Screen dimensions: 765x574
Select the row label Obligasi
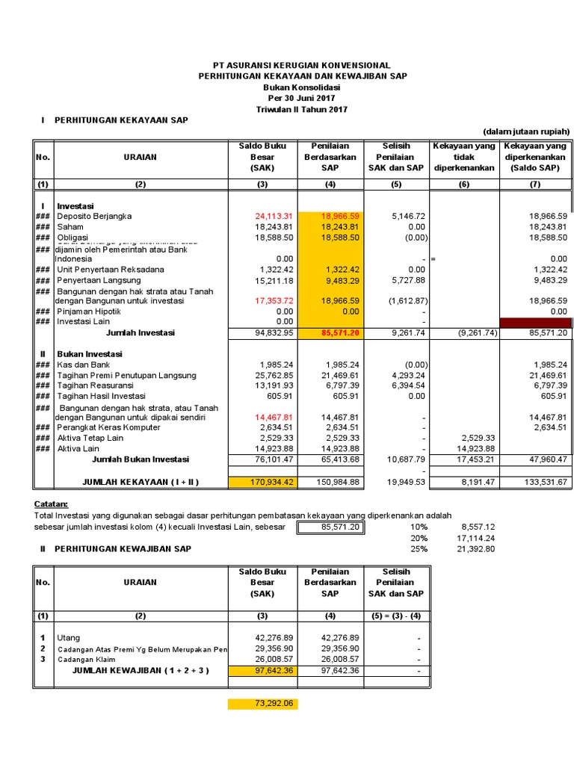(74, 237)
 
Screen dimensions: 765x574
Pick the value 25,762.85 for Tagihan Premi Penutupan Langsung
(272, 375)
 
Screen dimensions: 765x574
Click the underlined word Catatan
(52, 504)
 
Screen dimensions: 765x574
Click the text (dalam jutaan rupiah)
(526, 131)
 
